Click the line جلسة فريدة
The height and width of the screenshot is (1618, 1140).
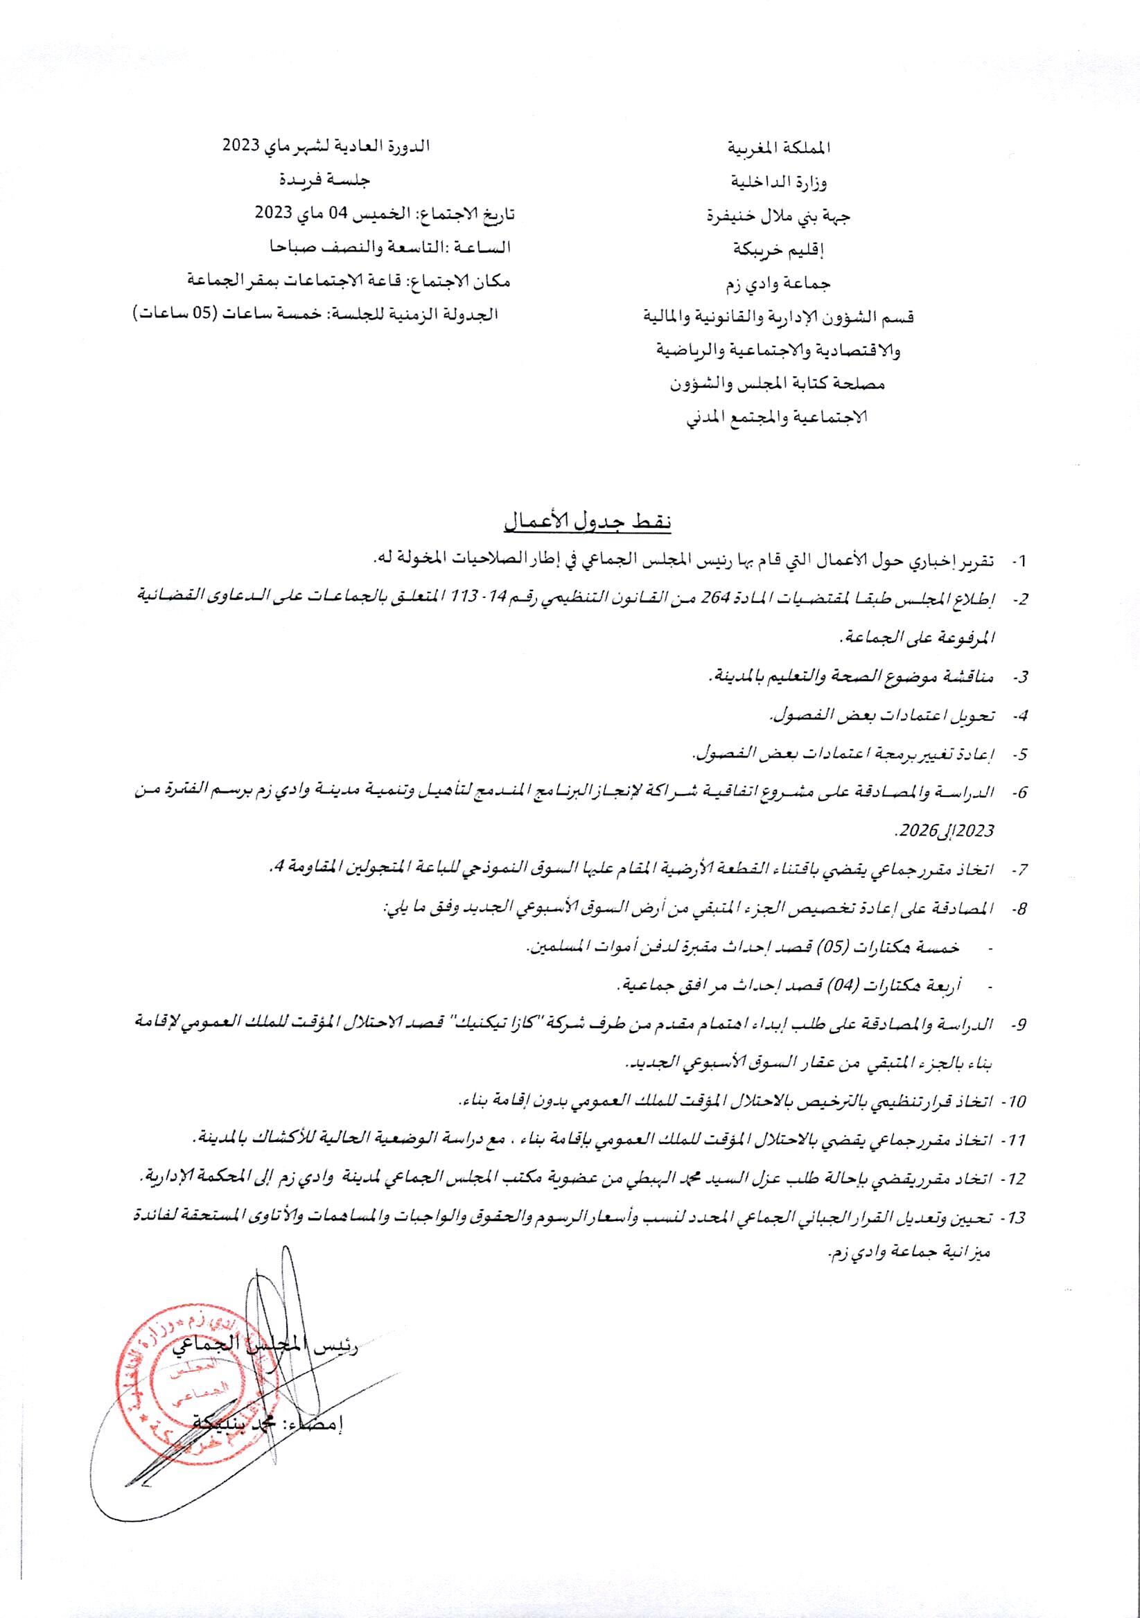[x=326, y=180]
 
